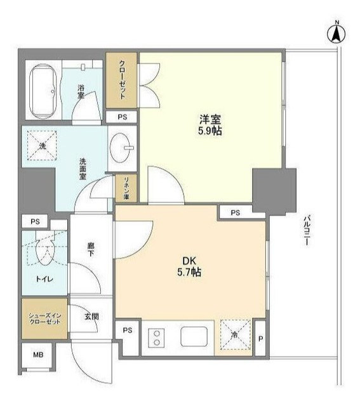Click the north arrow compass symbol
coord(337,34)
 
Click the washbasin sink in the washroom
coord(121,148)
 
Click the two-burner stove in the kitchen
coord(156,338)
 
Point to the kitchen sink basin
coord(194,336)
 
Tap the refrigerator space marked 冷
coord(236,335)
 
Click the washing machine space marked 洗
coord(42,145)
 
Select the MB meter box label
coord(38,355)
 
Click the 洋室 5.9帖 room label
coord(210,126)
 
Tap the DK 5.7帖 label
coord(189,266)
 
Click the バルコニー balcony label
coord(307,230)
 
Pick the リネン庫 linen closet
coord(126,188)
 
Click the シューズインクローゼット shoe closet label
coord(44,318)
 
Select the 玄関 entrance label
coord(91,317)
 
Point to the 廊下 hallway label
coord(90,249)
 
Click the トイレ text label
coord(44,279)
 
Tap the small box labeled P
coord(261,338)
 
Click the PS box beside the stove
coord(128,331)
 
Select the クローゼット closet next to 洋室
coord(121,80)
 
